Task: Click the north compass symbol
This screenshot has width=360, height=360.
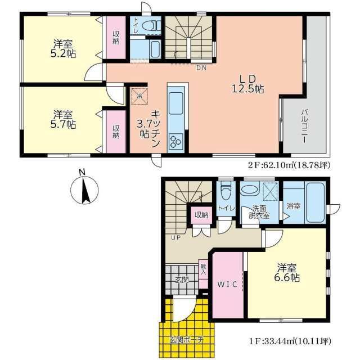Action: tap(84, 190)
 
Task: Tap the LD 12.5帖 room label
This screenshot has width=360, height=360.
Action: tap(247, 84)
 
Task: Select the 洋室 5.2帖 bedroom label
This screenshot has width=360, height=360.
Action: tap(63, 48)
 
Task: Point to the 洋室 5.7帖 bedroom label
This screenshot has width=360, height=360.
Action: tap(63, 119)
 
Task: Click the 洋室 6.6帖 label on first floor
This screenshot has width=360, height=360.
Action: tap(287, 273)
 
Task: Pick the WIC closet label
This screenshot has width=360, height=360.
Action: tap(227, 285)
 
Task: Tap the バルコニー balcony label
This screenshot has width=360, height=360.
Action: tap(305, 126)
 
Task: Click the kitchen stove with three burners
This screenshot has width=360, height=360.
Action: tap(176, 141)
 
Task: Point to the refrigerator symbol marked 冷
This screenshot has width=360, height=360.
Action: tap(139, 96)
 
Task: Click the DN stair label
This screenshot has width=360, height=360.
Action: tap(201, 67)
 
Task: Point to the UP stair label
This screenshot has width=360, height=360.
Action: tap(176, 237)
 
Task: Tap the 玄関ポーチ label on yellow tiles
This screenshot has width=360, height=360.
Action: tap(187, 340)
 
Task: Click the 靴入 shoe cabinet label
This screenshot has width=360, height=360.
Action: tap(203, 269)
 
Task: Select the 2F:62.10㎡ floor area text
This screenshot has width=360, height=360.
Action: tap(289, 165)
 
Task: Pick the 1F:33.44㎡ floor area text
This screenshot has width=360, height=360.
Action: tap(290, 341)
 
